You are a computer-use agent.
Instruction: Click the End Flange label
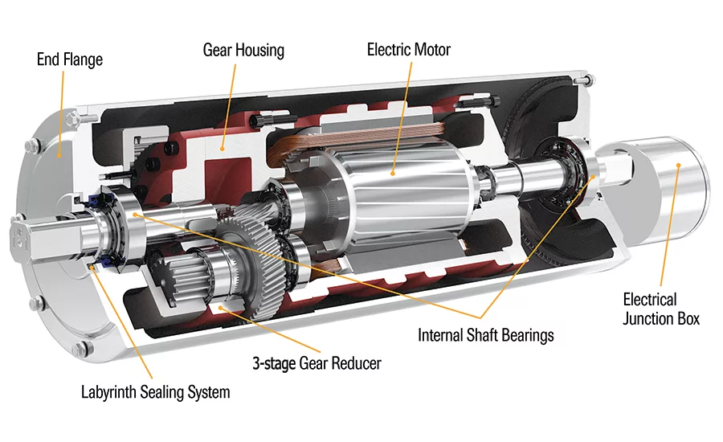[69, 59]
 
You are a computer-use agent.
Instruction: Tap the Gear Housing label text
[243, 51]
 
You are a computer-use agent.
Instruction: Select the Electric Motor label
[409, 50]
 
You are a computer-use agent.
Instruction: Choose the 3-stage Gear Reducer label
[315, 363]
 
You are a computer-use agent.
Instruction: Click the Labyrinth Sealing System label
[155, 393]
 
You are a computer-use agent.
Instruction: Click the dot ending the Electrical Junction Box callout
[679, 166]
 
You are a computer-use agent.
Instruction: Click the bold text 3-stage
[273, 363]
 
